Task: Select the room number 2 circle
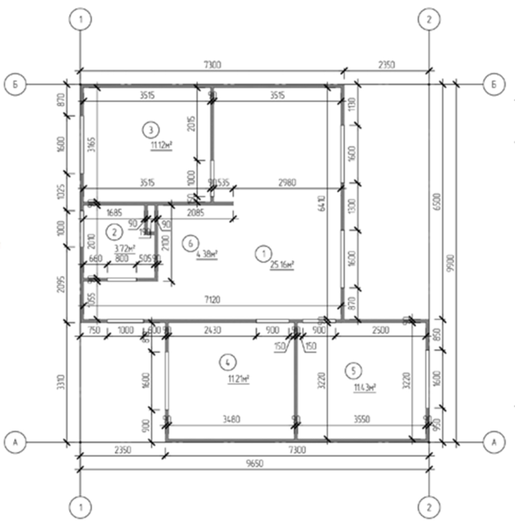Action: pos(115,232)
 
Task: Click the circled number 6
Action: pos(190,244)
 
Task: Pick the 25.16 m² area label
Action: pos(282,264)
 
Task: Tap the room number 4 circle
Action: pos(228,361)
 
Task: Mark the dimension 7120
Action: pos(212,300)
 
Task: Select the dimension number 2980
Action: pos(288,182)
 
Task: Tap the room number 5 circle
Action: pos(354,371)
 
